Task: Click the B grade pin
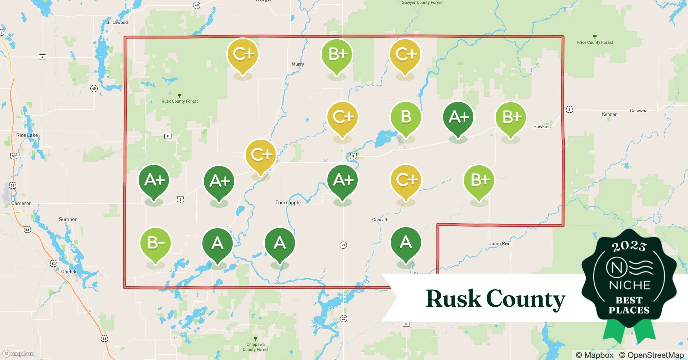pos(406,117)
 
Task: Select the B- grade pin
pos(155,244)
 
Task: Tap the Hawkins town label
pos(542,126)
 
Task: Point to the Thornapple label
pos(288,203)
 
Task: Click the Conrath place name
pos(380,220)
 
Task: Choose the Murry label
pos(298,64)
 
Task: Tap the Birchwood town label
pos(117,22)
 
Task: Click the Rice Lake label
pos(27,135)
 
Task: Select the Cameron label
pos(21,203)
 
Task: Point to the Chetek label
pos(68,272)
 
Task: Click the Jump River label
pos(500,244)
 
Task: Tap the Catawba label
pos(638,111)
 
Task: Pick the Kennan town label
pos(609,114)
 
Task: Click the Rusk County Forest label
pos(179,101)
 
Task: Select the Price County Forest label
pos(594,42)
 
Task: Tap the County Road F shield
pos(168,136)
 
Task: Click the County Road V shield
pos(43,57)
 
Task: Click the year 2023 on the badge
pos(629,246)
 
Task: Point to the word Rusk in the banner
pos(453,299)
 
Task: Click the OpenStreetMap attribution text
pos(651,355)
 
